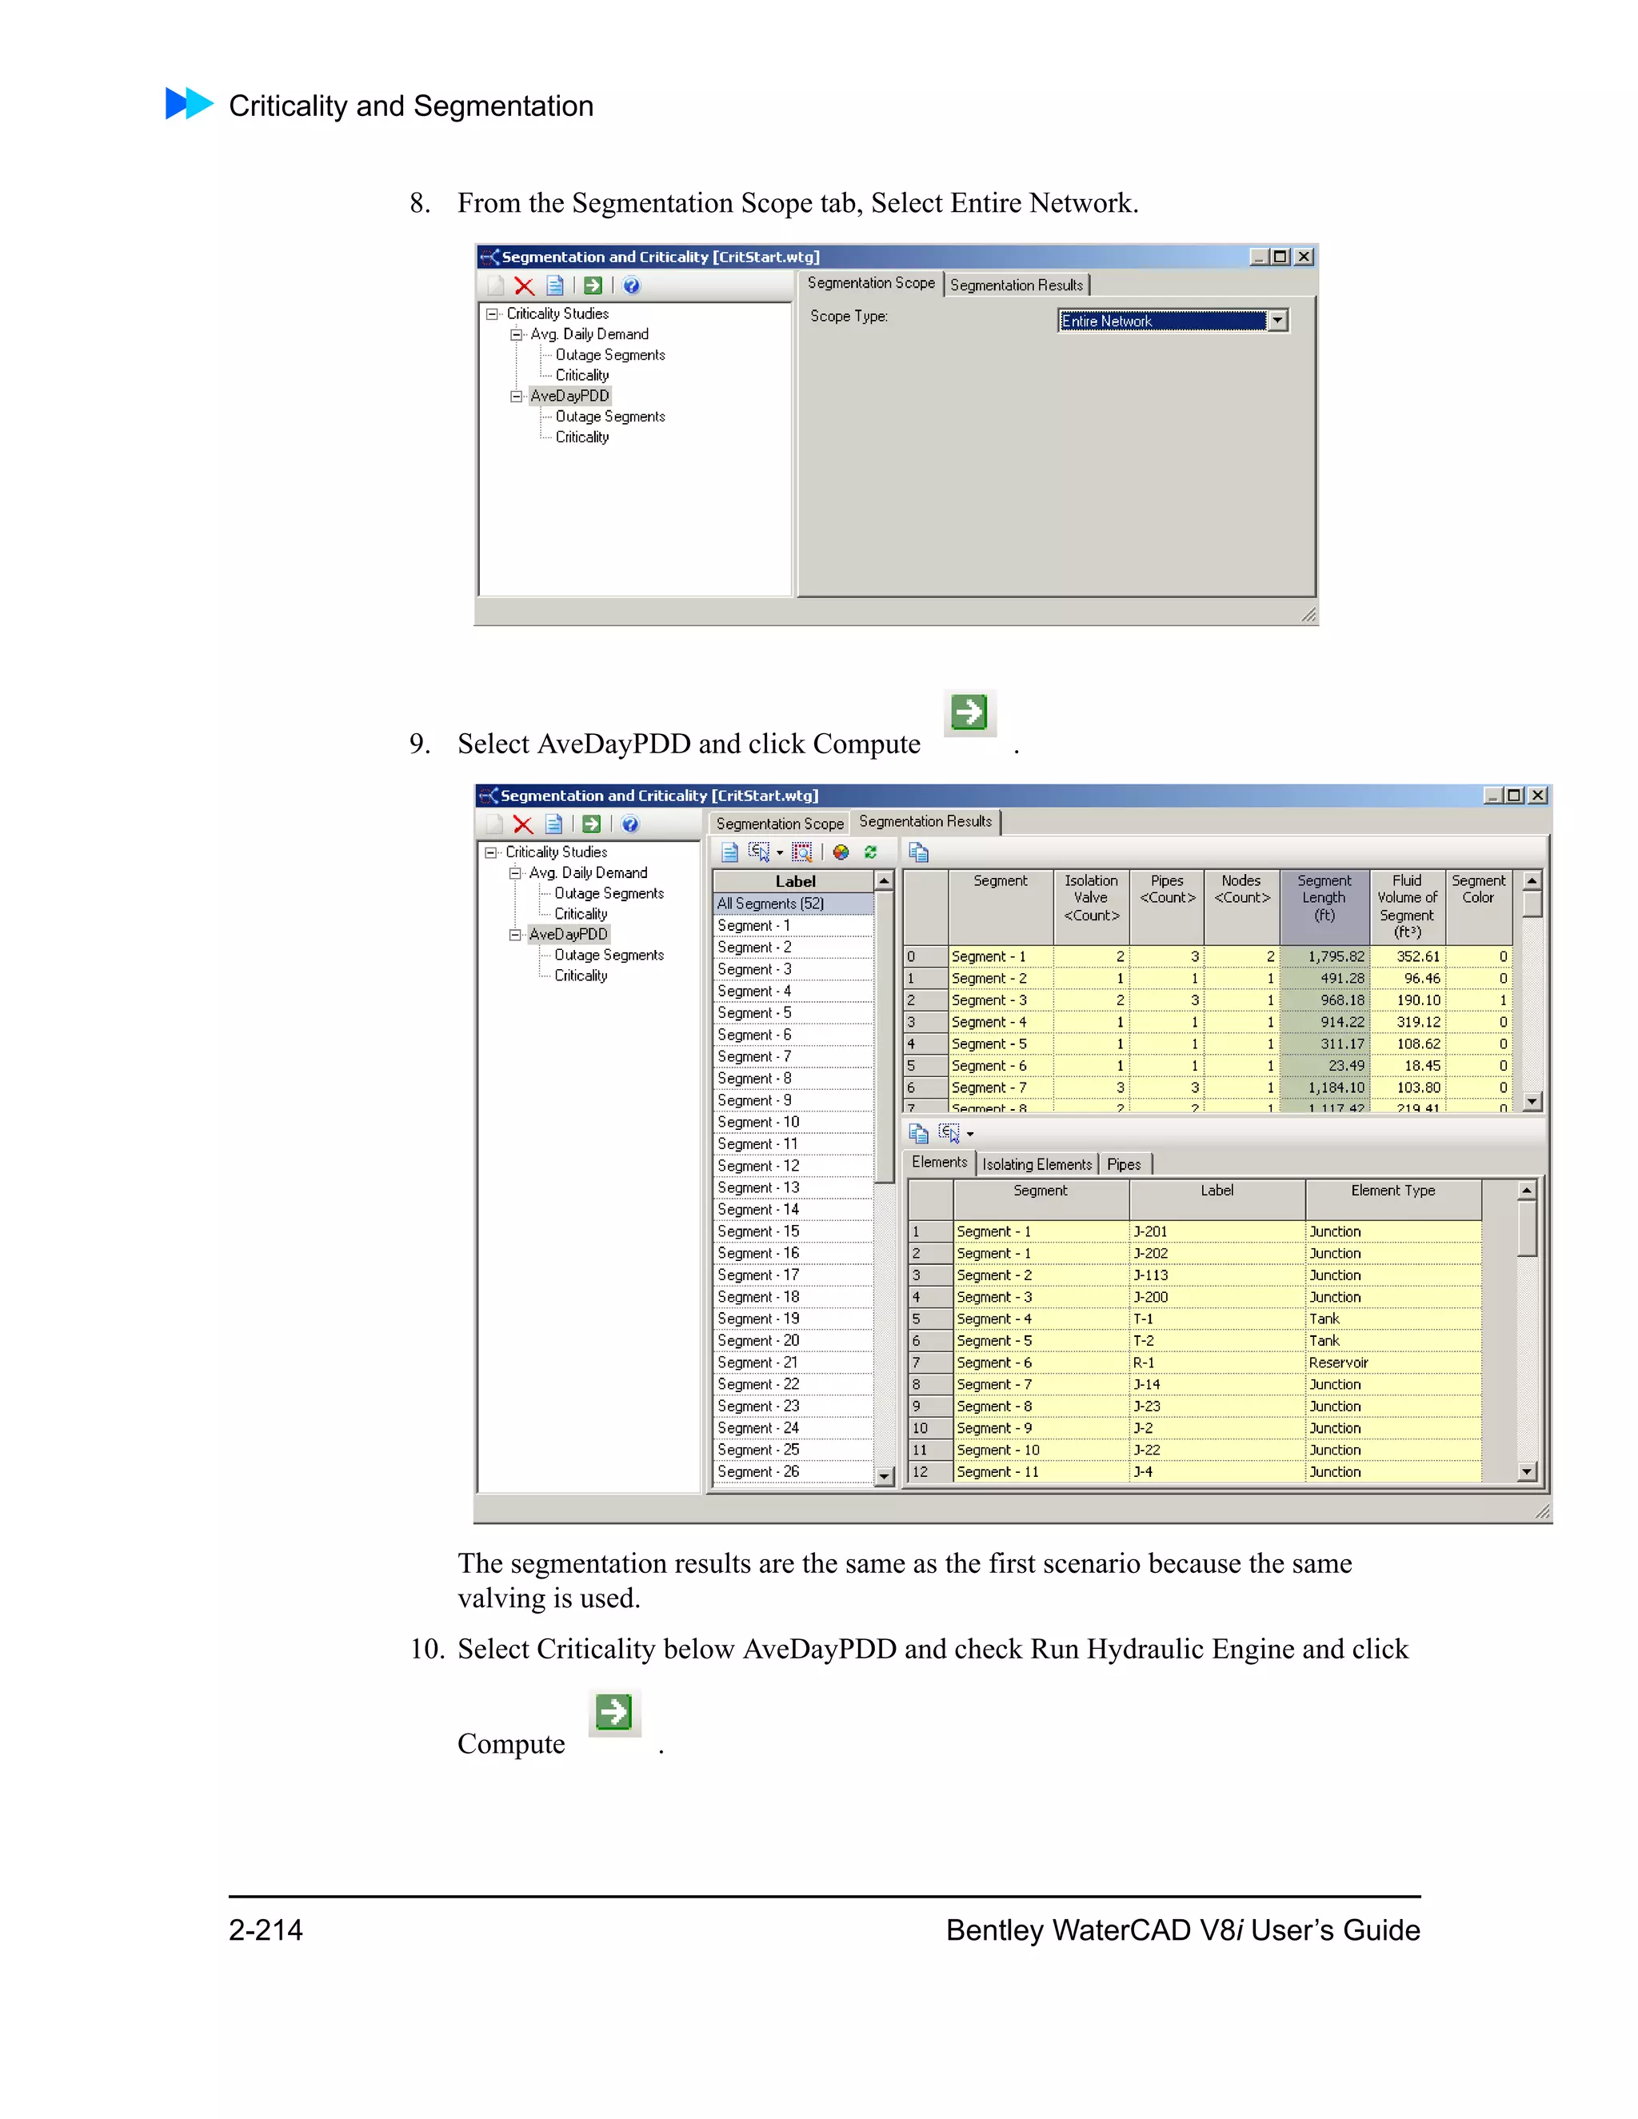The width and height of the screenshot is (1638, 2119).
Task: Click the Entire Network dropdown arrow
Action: pyautogui.click(x=1278, y=320)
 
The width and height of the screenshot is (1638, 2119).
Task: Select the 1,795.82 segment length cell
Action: pyautogui.click(x=1325, y=956)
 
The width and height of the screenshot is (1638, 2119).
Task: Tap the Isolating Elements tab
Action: pyautogui.click(x=1037, y=1164)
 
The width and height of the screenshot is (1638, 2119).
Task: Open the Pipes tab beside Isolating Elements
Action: pyautogui.click(x=1124, y=1164)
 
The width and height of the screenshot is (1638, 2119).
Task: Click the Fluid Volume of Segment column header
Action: pyautogui.click(x=1407, y=906)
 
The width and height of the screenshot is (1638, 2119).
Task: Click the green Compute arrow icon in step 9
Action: pyautogui.click(x=969, y=712)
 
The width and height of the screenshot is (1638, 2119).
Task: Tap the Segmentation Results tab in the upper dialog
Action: pyautogui.click(x=1016, y=285)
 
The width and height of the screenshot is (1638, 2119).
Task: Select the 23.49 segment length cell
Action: pyautogui.click(x=1325, y=1065)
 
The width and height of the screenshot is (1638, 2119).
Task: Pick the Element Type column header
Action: pyautogui.click(x=1392, y=1191)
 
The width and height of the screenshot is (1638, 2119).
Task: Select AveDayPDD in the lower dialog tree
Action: pyautogui.click(x=569, y=934)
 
